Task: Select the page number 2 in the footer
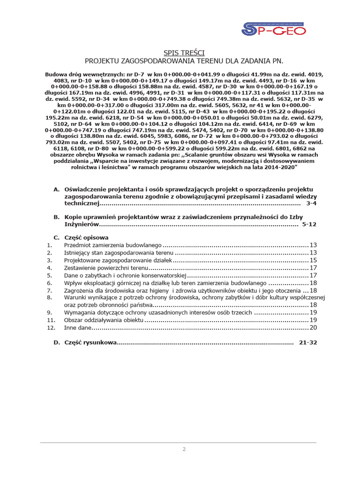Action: [x=184, y=449]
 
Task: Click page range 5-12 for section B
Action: [x=309, y=225]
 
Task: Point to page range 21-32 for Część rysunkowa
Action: [x=307, y=343]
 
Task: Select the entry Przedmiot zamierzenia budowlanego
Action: [x=112, y=245]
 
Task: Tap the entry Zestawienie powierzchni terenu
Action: [x=106, y=268]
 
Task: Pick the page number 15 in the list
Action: [x=314, y=260]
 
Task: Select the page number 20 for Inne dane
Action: [x=314, y=327]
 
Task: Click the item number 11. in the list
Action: [x=52, y=320]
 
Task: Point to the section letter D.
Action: [x=56, y=343]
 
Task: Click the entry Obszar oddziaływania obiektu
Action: [x=103, y=320]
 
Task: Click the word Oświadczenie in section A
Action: [x=86, y=189]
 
